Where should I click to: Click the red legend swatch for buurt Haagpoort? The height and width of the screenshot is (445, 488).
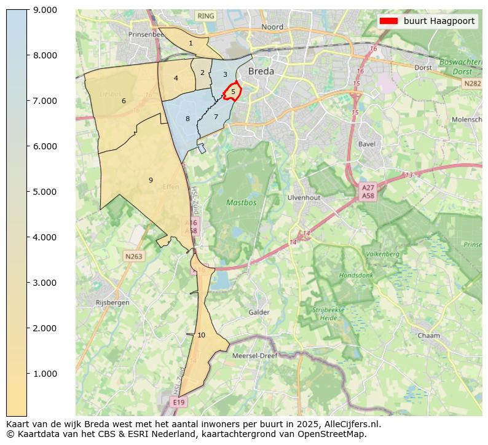pyautogui.click(x=389, y=21)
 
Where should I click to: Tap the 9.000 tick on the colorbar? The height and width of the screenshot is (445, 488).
pyautogui.click(x=45, y=10)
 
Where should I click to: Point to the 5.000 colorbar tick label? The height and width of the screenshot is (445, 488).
pyautogui.click(x=45, y=192)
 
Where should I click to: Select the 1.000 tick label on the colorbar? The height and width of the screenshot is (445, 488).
pyautogui.click(x=45, y=374)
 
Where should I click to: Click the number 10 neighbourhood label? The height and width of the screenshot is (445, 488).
pyautogui.click(x=202, y=335)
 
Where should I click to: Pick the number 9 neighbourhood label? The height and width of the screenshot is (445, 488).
pyautogui.click(x=151, y=180)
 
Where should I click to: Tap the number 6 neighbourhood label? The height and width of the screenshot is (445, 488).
pyautogui.click(x=124, y=101)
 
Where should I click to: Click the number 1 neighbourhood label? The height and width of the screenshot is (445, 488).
pyautogui.click(x=191, y=43)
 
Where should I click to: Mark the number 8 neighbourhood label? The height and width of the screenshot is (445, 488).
pyautogui.click(x=187, y=119)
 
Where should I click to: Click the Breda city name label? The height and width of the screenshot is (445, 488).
pyautogui.click(x=261, y=72)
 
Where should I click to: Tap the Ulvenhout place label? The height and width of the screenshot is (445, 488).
pyautogui.click(x=304, y=198)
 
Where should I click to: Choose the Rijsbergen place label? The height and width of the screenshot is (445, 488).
pyautogui.click(x=112, y=302)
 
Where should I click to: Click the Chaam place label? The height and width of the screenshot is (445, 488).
pyautogui.click(x=428, y=336)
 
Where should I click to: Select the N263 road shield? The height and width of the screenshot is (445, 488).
pyautogui.click(x=133, y=256)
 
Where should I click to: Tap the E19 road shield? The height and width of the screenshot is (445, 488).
pyautogui.click(x=178, y=402)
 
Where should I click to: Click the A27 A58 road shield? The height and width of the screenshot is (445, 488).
pyautogui.click(x=368, y=192)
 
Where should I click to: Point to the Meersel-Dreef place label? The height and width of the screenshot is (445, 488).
pyautogui.click(x=254, y=355)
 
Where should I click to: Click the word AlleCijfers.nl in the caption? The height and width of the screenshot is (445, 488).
pyautogui.click(x=353, y=424)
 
